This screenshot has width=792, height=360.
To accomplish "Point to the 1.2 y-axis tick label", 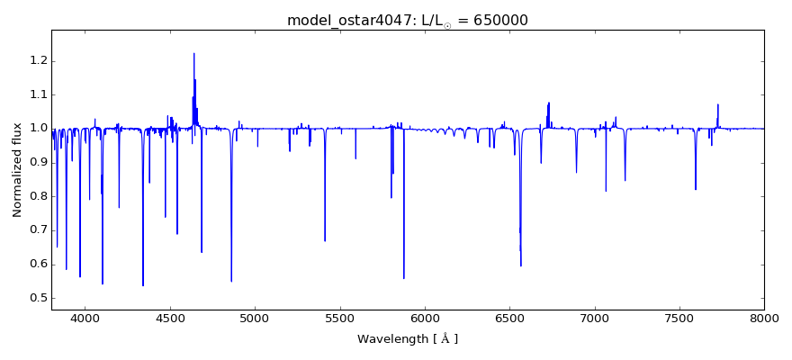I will [x=36, y=60].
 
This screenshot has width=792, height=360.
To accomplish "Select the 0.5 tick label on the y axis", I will [x=36, y=298].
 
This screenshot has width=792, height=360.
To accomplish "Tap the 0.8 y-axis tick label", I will [x=36, y=196].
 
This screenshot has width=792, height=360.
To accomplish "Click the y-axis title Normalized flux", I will [x=17, y=169].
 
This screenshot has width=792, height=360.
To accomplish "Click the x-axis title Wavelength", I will [x=407, y=339].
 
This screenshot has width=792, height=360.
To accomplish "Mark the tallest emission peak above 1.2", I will [x=193, y=54].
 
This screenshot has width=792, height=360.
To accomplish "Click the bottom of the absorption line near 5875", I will [x=403, y=277].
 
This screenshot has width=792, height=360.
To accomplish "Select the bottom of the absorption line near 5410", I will [x=325, y=240].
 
